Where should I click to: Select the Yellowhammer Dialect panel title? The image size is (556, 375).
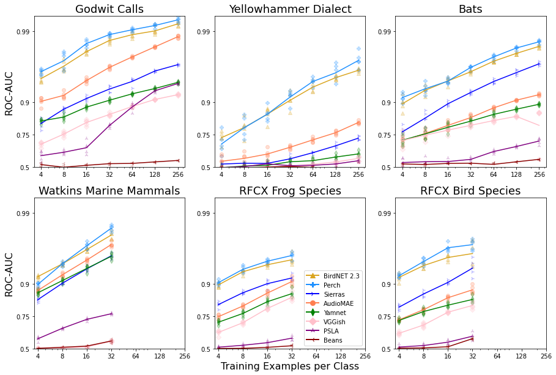pos(290,9)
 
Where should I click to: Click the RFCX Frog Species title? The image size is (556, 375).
pos(290,191)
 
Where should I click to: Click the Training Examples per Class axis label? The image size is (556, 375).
pos(290,366)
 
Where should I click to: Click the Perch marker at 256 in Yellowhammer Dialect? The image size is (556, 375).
pos(358,60)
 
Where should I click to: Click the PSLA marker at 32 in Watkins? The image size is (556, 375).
pos(111,314)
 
